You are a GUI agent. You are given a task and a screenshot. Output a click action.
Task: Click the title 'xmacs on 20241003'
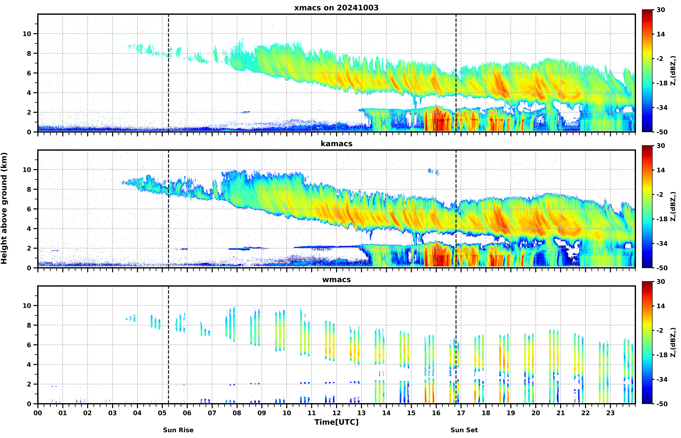click(336, 8)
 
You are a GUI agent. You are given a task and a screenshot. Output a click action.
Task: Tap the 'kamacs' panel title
click(336, 144)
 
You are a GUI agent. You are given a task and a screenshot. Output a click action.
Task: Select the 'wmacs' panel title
click(336, 280)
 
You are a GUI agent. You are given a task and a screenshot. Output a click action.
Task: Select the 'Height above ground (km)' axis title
click(4, 208)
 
